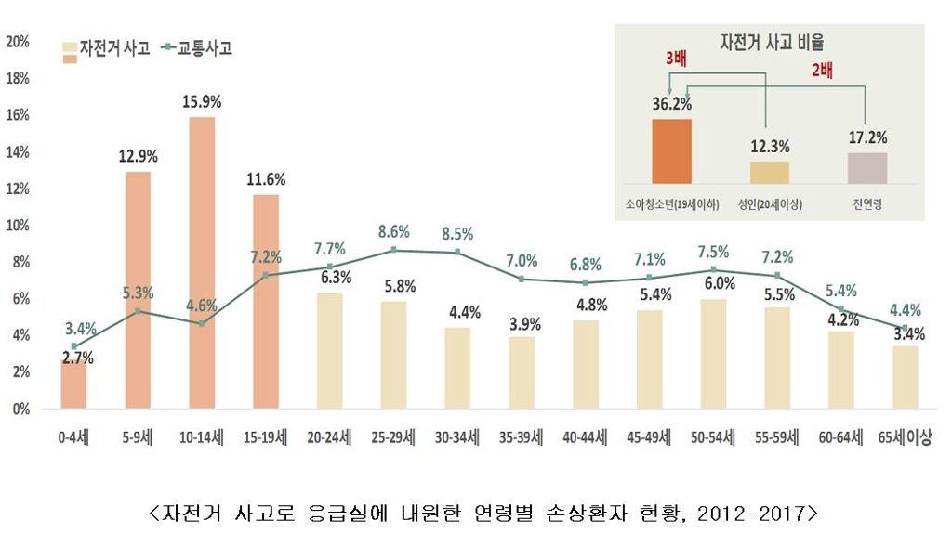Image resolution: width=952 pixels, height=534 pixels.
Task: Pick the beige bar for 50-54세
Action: [714, 354]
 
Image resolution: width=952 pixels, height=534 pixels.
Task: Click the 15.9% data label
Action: [202, 99]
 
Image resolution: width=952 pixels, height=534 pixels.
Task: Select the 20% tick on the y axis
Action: [18, 41]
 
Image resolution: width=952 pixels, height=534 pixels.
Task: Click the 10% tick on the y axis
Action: [18, 225]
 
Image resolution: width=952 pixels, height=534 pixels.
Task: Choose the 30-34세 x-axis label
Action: [457, 437]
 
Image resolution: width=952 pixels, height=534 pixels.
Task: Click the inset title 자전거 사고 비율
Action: [771, 42]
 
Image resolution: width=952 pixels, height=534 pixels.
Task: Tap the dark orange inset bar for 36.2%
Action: [671, 150]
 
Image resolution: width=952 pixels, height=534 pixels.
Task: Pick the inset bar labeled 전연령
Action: [867, 167]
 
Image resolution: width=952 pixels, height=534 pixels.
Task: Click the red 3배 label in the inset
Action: [677, 58]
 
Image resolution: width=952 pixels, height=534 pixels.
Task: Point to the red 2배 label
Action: [822, 70]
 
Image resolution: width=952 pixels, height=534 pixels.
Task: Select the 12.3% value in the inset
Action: [770, 146]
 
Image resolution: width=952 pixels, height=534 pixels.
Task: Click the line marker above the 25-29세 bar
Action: [394, 250]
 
